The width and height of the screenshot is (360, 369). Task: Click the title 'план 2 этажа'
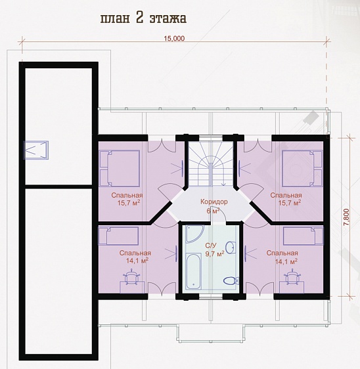[x=143, y=18]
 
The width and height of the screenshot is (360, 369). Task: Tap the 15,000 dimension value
[x=175, y=38]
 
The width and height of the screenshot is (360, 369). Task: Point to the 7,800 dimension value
[x=346, y=217]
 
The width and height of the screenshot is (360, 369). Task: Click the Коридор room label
[x=214, y=202]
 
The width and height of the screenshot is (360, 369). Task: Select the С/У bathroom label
[x=210, y=246]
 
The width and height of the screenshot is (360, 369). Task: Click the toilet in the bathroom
[x=231, y=280]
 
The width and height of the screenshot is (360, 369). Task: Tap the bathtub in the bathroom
[x=193, y=271]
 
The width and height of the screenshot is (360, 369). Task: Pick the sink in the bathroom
[x=231, y=247]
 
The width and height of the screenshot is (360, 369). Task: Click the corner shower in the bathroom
[x=194, y=234]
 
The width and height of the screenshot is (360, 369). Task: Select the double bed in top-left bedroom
[x=120, y=169]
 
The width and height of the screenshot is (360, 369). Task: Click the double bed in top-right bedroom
[x=302, y=169]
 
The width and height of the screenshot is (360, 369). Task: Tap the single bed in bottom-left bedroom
[x=119, y=236]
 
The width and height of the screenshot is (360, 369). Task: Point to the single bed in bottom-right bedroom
[x=304, y=236]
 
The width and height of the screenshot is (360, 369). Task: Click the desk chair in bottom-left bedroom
[x=131, y=278]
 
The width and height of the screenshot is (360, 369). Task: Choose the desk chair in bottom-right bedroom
[x=292, y=277]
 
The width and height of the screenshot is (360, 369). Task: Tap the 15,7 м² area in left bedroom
[x=129, y=203]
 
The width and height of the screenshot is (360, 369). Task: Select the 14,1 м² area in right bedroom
[x=286, y=261]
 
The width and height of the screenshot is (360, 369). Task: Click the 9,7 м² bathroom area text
[x=215, y=254]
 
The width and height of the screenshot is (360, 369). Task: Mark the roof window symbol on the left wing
[x=35, y=150]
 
